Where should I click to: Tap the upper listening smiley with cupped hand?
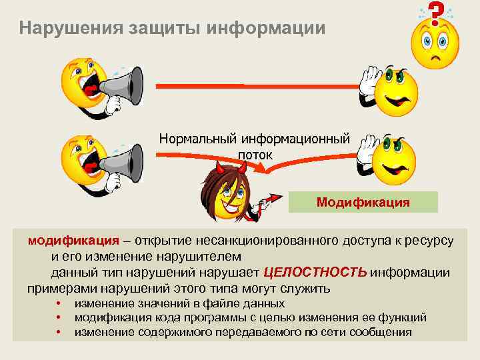395,91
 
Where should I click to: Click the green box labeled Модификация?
363,202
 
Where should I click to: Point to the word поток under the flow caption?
255,154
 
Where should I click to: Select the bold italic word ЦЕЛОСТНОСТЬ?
315,272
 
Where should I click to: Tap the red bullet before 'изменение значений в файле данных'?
59,304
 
